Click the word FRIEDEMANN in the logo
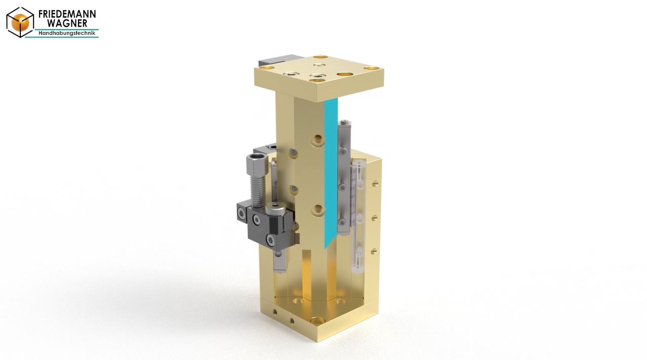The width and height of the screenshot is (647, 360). tap(67, 14)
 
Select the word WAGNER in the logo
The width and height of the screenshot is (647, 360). tap(67, 23)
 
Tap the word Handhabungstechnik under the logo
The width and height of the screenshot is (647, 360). tap(67, 33)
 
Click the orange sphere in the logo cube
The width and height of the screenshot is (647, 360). tap(20, 22)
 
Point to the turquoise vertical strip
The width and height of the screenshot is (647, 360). tap(331, 173)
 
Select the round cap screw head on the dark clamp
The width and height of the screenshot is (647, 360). tap(276, 209)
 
